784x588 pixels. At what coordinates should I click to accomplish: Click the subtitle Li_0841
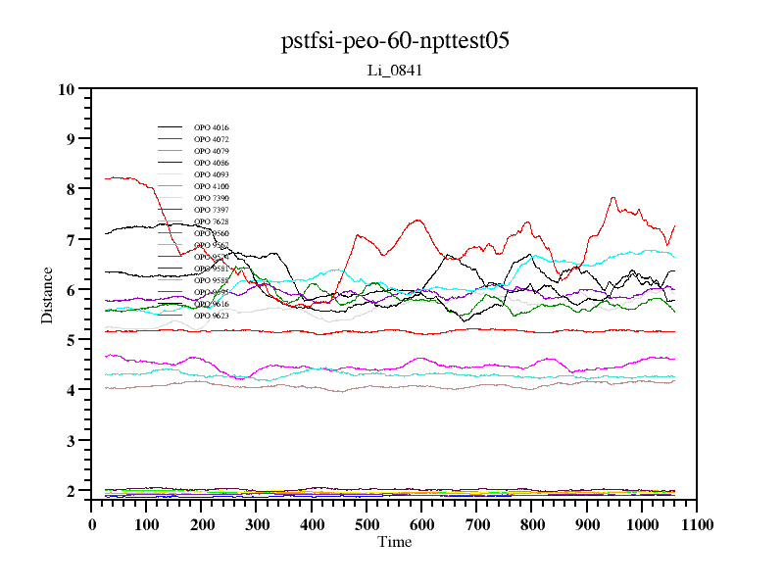395,71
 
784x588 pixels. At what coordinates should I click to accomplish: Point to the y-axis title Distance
47,294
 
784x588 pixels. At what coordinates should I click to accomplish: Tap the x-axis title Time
395,542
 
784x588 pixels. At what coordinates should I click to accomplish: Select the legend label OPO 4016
212,127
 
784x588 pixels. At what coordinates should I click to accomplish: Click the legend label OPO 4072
212,139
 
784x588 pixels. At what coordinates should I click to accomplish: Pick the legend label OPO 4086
212,163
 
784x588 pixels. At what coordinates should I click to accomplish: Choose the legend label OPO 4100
212,186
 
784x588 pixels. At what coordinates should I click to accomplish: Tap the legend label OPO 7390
212,198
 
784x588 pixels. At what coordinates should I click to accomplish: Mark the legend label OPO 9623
212,316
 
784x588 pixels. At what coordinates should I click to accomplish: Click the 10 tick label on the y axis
67,89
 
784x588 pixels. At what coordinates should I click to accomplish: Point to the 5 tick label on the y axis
71,340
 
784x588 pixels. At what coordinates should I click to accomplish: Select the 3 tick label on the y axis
71,441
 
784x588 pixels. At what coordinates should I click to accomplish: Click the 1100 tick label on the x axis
697,524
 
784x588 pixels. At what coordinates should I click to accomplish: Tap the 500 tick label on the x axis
367,524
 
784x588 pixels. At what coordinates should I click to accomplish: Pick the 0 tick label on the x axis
92,524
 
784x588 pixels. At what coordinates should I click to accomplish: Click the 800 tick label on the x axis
532,524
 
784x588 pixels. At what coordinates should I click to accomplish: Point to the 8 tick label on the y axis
71,189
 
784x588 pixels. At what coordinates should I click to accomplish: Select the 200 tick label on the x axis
202,524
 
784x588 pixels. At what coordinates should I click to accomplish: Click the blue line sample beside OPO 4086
171,163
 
